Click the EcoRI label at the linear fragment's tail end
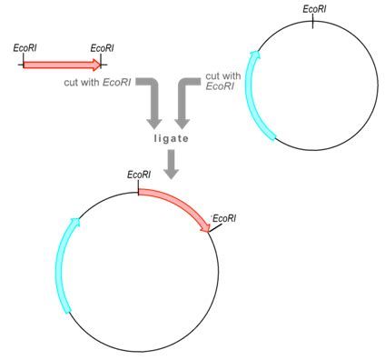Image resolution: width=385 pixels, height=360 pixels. coord(25,48)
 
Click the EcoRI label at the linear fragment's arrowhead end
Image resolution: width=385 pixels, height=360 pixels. coord(103,48)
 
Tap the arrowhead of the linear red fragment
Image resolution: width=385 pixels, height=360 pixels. coord(96,65)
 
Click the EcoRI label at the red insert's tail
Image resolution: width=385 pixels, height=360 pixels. coord(139,175)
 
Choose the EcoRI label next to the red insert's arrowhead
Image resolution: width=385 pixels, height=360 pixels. coord(224,217)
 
